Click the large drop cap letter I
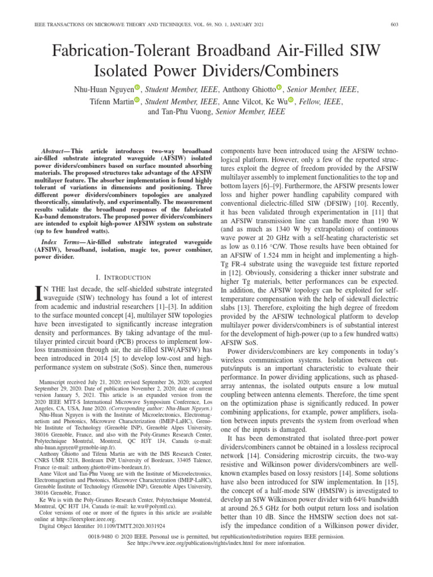coord(38,293)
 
